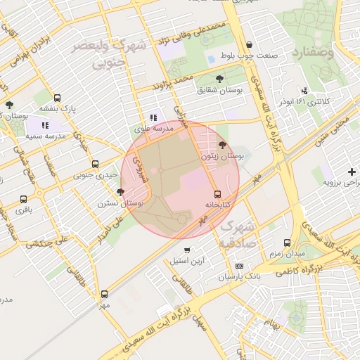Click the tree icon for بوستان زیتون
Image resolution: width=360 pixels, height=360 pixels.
coord(223,145)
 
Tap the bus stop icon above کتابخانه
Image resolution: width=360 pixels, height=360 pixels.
coord(217,194)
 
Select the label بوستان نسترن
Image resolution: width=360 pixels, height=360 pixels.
coord(122,203)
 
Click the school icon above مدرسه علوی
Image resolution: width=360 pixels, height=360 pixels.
coord(154,118)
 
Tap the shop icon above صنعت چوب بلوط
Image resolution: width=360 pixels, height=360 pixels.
coord(250,44)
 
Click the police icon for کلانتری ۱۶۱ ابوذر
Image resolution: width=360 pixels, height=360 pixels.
coord(304,91)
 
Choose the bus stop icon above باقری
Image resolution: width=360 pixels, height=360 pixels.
coord(24,199)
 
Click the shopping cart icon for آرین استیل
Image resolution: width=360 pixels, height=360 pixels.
coord(186,250)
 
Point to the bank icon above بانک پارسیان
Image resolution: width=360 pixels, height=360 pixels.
coord(240,266)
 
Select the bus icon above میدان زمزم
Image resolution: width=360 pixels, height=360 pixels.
coord(287,243)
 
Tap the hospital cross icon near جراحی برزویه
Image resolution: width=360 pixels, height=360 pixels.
coord(352,172)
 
